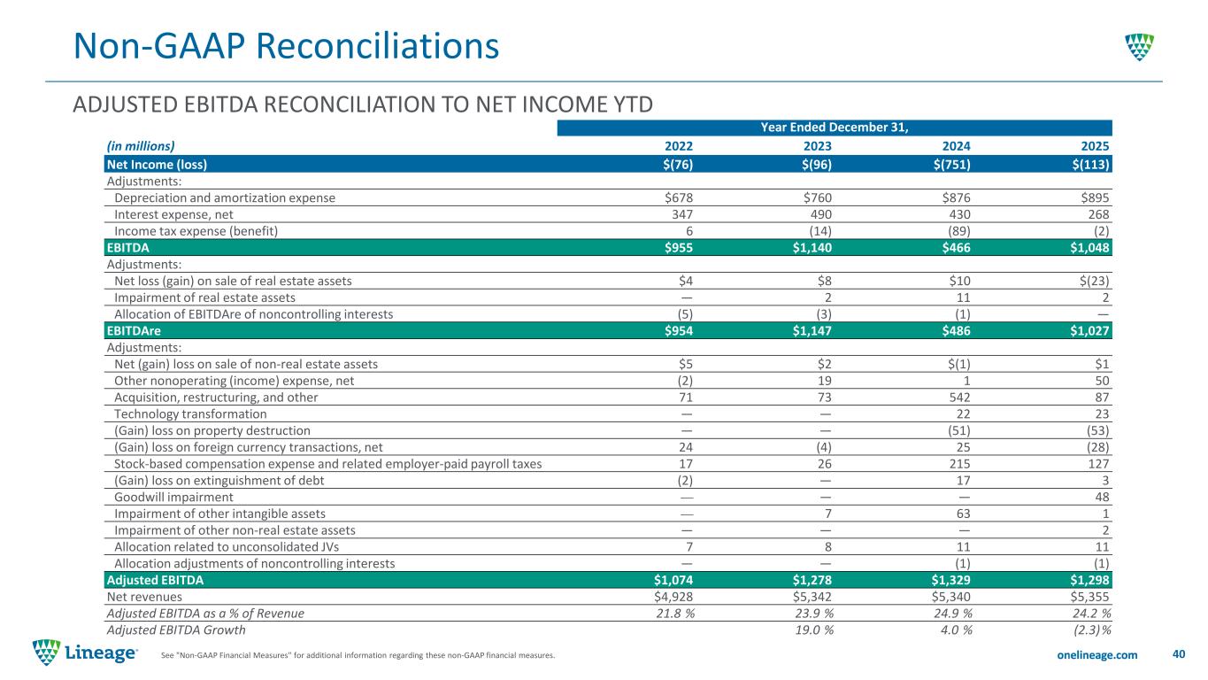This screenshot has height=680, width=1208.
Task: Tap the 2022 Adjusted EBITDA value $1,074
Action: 673,580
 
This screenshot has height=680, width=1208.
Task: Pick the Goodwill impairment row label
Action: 173,497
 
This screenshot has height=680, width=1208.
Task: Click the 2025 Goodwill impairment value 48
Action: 1102,497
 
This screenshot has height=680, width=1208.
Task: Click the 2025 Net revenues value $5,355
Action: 1089,597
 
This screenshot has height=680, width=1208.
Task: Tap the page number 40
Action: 1178,654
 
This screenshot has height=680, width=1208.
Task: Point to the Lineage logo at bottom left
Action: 85,653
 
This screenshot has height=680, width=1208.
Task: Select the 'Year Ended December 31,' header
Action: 834,127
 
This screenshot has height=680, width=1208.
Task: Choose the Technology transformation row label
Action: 190,414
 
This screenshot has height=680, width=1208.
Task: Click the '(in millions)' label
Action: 141,146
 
